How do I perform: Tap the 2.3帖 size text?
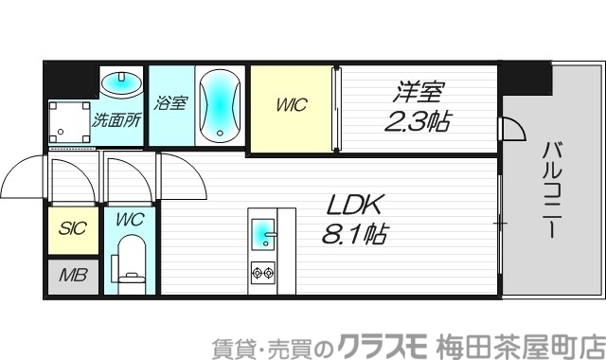(417, 120)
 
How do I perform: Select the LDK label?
(352, 206)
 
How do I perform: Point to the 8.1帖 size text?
(356, 233)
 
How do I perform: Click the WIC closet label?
(292, 106)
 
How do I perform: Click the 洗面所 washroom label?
(116, 120)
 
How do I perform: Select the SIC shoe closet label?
(73, 228)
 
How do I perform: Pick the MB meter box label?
(73, 276)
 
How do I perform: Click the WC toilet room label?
(130, 220)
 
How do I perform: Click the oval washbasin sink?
(122, 83)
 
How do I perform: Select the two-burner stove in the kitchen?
(262, 273)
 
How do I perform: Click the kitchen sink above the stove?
(262, 233)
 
